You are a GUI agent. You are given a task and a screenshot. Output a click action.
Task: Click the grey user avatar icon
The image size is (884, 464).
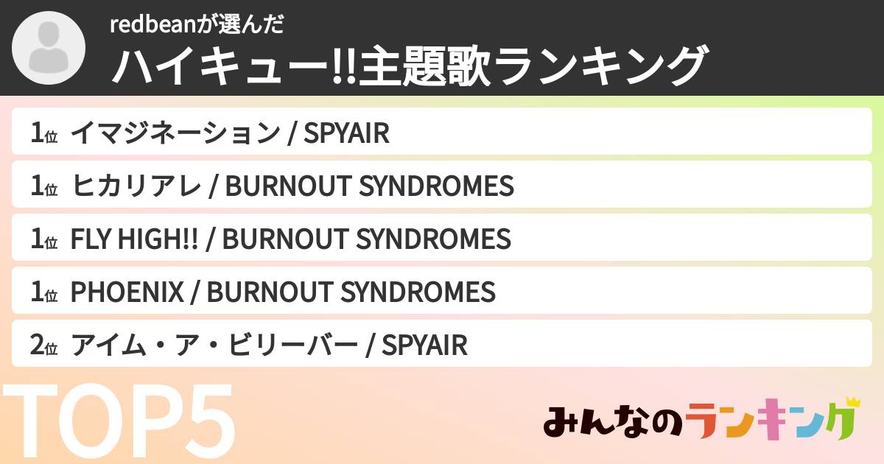click(49, 48)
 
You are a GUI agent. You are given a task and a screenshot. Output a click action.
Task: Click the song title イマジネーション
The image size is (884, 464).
click(175, 133)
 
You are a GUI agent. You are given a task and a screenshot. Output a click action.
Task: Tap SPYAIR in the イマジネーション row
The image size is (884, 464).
click(346, 133)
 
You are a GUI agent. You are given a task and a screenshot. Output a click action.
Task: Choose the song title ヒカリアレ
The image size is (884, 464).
click(136, 186)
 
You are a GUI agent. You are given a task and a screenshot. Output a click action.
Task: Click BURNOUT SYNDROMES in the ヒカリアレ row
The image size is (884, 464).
click(369, 186)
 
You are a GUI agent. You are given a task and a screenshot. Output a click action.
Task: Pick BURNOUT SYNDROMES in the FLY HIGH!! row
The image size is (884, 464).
click(366, 239)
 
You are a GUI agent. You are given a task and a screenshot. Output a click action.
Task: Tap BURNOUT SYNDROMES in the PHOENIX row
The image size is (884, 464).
click(351, 292)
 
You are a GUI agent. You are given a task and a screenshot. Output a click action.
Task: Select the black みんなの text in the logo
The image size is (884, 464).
click(610, 422)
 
